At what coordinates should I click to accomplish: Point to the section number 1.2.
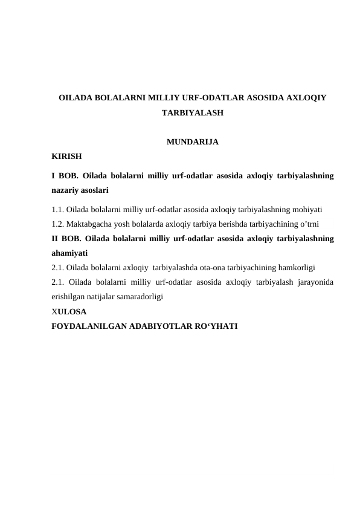pos(58,224)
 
